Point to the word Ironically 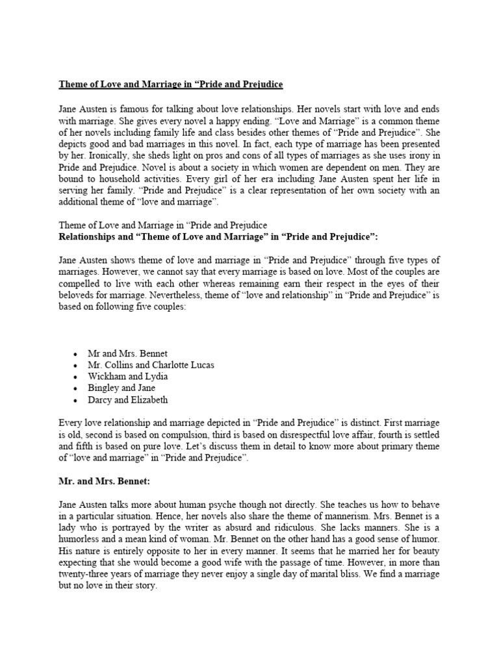tap(92, 157)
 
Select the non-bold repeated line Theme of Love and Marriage tap(162, 225)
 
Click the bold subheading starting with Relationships tap(218, 237)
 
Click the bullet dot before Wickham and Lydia tap(76, 377)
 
